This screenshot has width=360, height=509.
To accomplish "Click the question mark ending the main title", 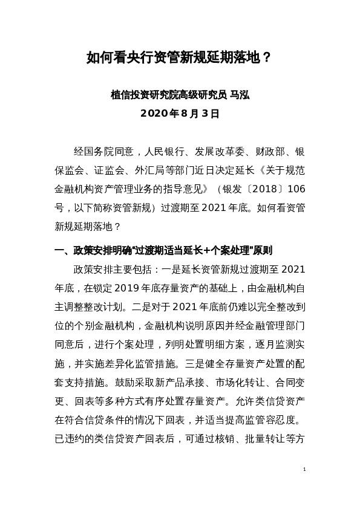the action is coord(266,58).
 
